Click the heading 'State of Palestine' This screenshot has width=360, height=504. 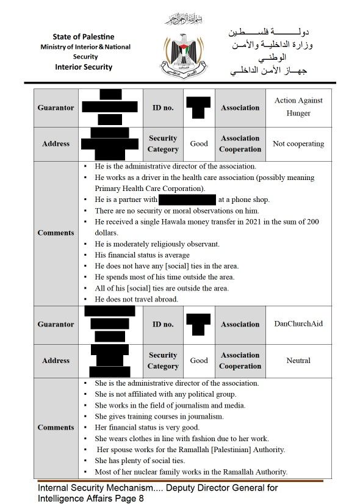(x=83, y=37)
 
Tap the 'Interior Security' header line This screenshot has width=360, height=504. (x=84, y=67)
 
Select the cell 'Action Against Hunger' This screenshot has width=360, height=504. (x=298, y=107)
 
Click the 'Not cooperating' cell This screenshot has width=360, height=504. (x=298, y=144)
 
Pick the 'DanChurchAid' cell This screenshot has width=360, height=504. (x=298, y=324)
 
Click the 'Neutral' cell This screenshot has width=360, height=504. (x=298, y=361)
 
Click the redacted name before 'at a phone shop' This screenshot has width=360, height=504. (x=187, y=200)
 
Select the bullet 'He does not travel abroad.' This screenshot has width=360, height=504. (x=136, y=299)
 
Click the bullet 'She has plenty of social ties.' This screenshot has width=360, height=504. (x=140, y=461)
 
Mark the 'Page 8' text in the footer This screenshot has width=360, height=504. (x=128, y=498)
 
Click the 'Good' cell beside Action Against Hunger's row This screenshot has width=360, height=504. (x=199, y=144)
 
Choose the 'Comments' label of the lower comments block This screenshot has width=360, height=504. (x=56, y=427)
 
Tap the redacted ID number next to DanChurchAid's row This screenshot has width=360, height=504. (x=198, y=323)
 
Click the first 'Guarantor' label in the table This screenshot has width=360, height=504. (x=56, y=107)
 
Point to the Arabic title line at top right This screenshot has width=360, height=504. (x=268, y=32)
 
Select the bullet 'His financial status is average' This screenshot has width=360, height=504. (x=142, y=255)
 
